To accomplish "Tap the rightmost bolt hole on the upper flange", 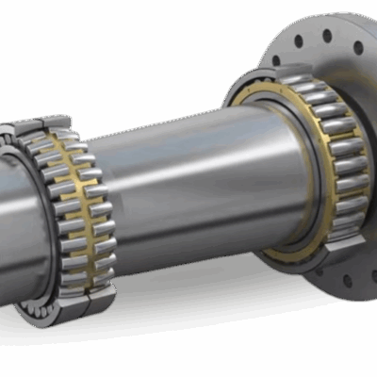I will tap(358, 47).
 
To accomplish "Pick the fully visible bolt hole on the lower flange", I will tap(348, 280).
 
